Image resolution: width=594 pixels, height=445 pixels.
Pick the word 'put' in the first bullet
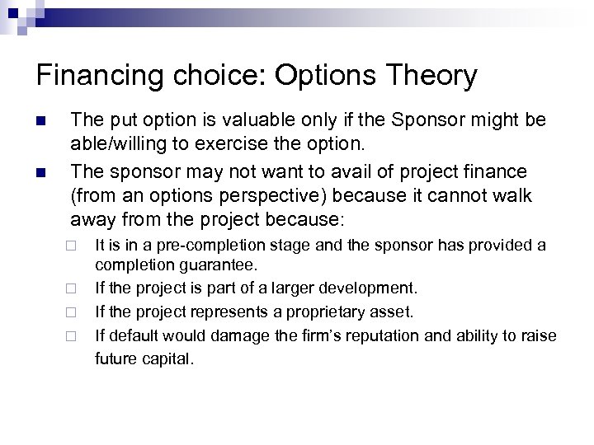pos(119,121)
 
